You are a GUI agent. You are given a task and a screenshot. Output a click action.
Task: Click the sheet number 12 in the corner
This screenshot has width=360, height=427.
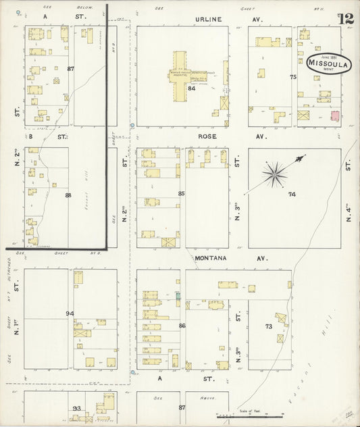pyautogui.click(x=346, y=18)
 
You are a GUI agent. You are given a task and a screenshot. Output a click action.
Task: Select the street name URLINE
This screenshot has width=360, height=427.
pyautogui.click(x=209, y=20)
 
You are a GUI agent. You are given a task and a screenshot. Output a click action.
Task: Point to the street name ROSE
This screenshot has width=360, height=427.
pyautogui.click(x=207, y=136)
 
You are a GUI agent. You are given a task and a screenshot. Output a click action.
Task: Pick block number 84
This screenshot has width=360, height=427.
pyautogui.click(x=192, y=89)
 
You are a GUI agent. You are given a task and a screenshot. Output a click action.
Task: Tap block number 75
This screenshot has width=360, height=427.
pyautogui.click(x=293, y=77)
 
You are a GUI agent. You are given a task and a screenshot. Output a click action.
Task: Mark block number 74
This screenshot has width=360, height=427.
pyautogui.click(x=292, y=195)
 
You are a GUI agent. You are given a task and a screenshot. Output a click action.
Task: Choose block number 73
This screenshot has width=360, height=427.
pyautogui.click(x=268, y=326)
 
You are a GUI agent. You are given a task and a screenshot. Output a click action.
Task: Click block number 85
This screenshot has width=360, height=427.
pyautogui.click(x=181, y=194)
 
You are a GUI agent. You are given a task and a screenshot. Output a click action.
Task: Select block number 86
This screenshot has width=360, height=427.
pyautogui.click(x=182, y=326)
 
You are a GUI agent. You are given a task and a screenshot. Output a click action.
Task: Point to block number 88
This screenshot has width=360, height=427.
pyautogui.click(x=68, y=195)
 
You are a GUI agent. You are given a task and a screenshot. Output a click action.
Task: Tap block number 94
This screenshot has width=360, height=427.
pyautogui.click(x=69, y=313)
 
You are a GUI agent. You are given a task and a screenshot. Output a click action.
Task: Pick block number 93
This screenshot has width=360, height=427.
pyautogui.click(x=76, y=409)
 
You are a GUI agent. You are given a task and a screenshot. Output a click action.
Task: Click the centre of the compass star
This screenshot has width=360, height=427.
pyautogui.click(x=274, y=174)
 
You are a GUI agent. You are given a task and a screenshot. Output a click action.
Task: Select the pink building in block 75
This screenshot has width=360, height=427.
pyautogui.click(x=334, y=116)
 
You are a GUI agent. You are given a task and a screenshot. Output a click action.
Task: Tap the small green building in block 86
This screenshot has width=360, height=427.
pyautogui.click(x=178, y=295)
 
